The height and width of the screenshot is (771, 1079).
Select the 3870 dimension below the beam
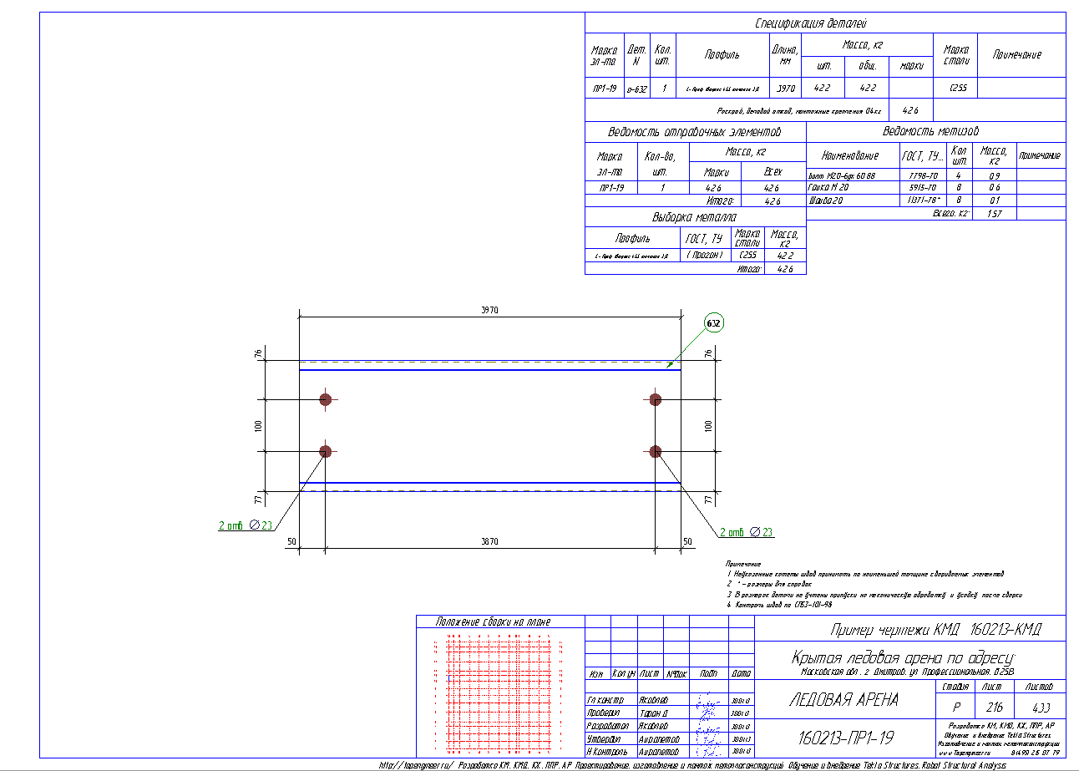pyautogui.click(x=489, y=542)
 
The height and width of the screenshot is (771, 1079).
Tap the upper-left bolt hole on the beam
pyautogui.click(x=326, y=399)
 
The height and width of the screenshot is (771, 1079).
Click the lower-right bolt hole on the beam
pyautogui.click(x=656, y=452)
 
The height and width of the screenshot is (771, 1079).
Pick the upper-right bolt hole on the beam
pyautogui.click(x=656, y=399)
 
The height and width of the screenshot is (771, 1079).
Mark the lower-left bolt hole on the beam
pyautogui.click(x=326, y=452)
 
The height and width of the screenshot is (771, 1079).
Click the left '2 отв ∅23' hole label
pyautogui.click(x=246, y=525)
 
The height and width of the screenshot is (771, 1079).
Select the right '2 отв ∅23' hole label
pyautogui.click(x=745, y=532)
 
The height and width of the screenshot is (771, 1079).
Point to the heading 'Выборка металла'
pyautogui.click(x=695, y=217)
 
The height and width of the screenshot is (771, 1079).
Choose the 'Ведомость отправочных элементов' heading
pyautogui.click(x=695, y=132)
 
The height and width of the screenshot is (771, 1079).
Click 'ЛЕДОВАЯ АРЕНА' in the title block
pyautogui.click(x=843, y=701)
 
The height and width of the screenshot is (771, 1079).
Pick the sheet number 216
pyautogui.click(x=991, y=706)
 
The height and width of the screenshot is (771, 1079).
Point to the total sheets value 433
pyautogui.click(x=1040, y=706)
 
